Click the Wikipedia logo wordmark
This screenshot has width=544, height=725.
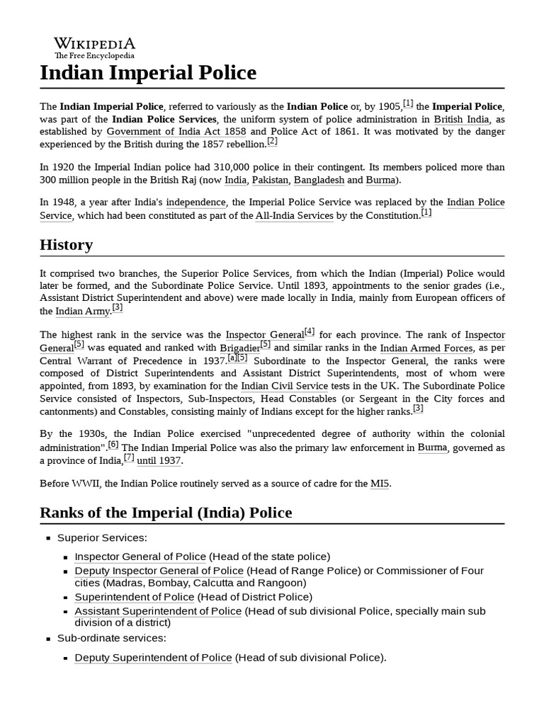(x=94, y=45)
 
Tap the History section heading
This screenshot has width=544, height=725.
(x=66, y=245)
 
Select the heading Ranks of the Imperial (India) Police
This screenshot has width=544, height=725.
(x=165, y=512)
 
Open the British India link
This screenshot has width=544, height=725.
(x=461, y=119)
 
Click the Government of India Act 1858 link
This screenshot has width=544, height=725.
(x=176, y=132)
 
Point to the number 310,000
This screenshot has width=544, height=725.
(x=225, y=167)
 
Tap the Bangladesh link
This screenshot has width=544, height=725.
(x=319, y=180)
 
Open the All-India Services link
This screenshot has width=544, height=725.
(x=294, y=215)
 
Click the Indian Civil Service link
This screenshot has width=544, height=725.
(x=284, y=386)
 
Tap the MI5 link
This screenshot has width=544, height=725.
(x=379, y=484)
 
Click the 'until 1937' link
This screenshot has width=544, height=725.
(x=159, y=460)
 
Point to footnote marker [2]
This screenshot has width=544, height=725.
(x=272, y=142)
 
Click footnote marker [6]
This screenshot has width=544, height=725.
(x=113, y=445)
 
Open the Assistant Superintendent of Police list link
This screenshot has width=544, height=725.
(x=158, y=611)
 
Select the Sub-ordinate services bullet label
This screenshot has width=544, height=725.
(x=111, y=638)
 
